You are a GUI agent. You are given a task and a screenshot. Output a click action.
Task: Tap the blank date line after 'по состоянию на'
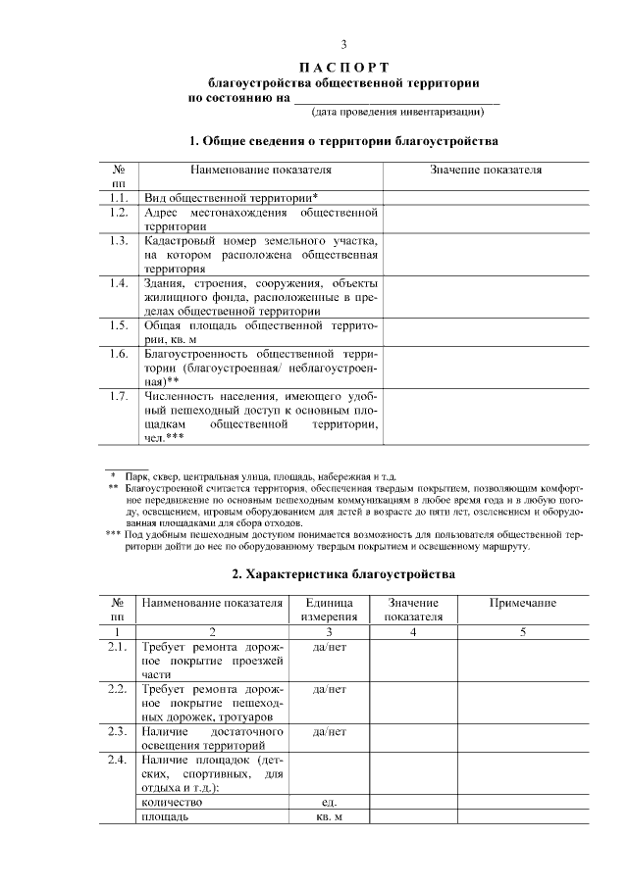(396, 98)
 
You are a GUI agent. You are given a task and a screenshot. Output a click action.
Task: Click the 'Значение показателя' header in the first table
(486, 170)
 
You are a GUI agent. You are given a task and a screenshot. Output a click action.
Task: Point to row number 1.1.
(119, 197)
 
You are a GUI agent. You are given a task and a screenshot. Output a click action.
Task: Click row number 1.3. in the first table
(119, 240)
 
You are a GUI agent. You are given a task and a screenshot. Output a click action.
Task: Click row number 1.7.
(119, 396)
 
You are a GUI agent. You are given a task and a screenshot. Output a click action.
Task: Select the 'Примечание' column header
(523, 603)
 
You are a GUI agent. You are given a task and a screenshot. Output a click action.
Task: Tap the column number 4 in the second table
(413, 632)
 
